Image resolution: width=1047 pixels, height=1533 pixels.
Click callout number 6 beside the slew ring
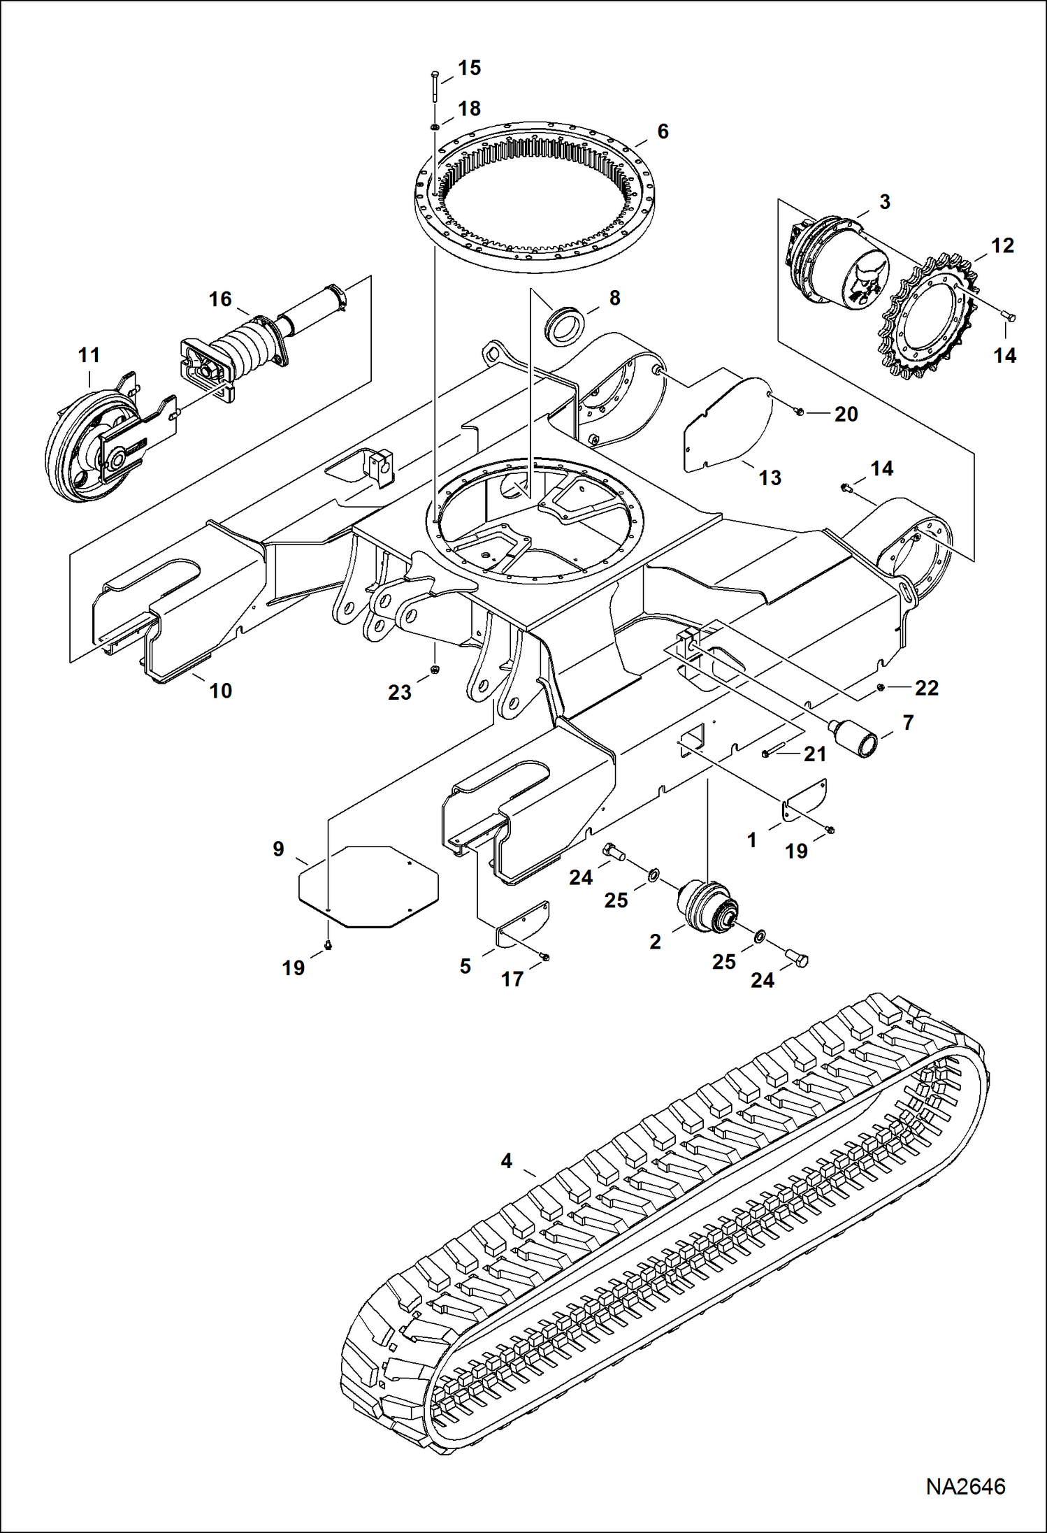click(x=663, y=131)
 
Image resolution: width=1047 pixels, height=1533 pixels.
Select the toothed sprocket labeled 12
click(x=929, y=317)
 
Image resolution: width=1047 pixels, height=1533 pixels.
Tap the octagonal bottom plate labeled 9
click(x=368, y=886)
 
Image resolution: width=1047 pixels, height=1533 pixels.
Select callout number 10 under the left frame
click(x=220, y=691)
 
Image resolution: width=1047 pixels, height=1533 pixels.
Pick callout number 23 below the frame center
click(x=400, y=692)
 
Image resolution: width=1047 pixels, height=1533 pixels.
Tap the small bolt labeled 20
click(x=800, y=412)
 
